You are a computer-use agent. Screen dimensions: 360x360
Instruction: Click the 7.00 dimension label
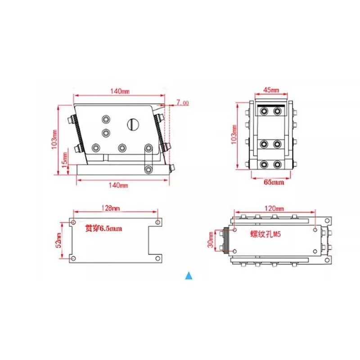183,103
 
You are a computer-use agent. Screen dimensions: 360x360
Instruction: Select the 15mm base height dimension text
64,158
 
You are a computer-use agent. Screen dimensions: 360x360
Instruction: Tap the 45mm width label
270,90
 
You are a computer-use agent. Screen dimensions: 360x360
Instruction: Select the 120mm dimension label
274,209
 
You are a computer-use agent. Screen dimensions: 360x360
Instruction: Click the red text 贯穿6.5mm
103,228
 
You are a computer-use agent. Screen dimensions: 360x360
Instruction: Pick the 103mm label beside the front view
234,135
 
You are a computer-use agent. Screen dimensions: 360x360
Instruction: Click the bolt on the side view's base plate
148,169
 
